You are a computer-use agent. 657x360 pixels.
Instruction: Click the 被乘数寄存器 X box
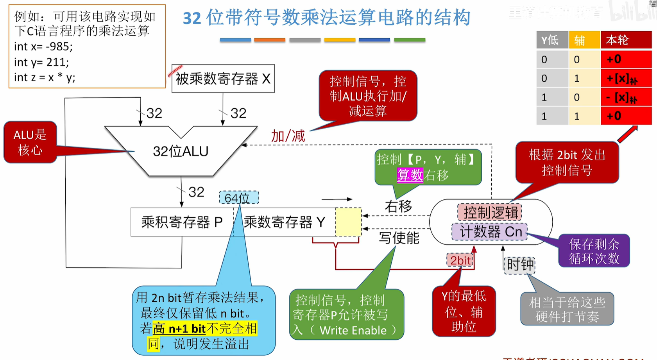point(223,79)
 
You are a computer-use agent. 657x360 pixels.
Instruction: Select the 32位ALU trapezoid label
point(181,151)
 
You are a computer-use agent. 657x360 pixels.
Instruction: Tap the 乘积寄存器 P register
point(182,222)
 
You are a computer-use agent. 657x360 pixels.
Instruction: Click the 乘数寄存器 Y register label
point(284,222)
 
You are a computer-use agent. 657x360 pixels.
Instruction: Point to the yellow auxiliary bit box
point(348,222)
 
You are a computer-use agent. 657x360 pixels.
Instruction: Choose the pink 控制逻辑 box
point(490,213)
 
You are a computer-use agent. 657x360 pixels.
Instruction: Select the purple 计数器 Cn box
point(490,231)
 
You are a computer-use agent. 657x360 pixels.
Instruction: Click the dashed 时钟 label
point(519,265)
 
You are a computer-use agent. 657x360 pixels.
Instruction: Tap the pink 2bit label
point(460,260)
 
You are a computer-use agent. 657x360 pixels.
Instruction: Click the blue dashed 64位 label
point(238,198)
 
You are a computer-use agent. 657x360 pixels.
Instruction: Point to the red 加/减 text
point(288,136)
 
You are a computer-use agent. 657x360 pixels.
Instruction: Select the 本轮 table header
point(625,40)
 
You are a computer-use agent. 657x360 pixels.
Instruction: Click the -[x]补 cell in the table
point(625,97)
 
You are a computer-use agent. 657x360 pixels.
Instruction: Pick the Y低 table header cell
point(552,40)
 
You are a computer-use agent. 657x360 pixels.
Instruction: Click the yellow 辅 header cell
point(584,40)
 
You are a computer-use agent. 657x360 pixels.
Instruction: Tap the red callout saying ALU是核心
point(30,142)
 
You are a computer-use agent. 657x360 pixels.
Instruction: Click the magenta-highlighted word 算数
point(410,175)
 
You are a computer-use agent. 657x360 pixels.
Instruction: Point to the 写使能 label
point(399,238)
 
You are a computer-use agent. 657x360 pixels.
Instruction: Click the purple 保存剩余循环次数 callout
point(594,251)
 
